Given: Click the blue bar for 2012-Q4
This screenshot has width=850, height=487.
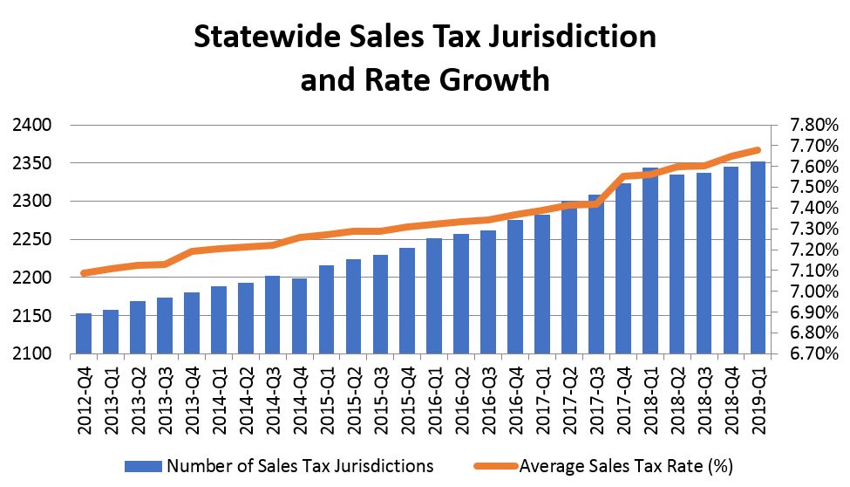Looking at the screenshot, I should tap(84, 333).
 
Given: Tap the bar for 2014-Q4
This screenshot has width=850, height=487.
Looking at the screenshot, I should tap(300, 316).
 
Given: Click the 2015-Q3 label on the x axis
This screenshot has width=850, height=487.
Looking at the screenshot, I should tap(380, 394).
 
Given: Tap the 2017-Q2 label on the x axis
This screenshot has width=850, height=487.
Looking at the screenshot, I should tap(569, 394).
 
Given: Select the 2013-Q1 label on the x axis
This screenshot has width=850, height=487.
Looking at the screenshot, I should tap(111, 394).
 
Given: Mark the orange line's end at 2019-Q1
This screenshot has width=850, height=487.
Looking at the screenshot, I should tap(758, 150).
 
